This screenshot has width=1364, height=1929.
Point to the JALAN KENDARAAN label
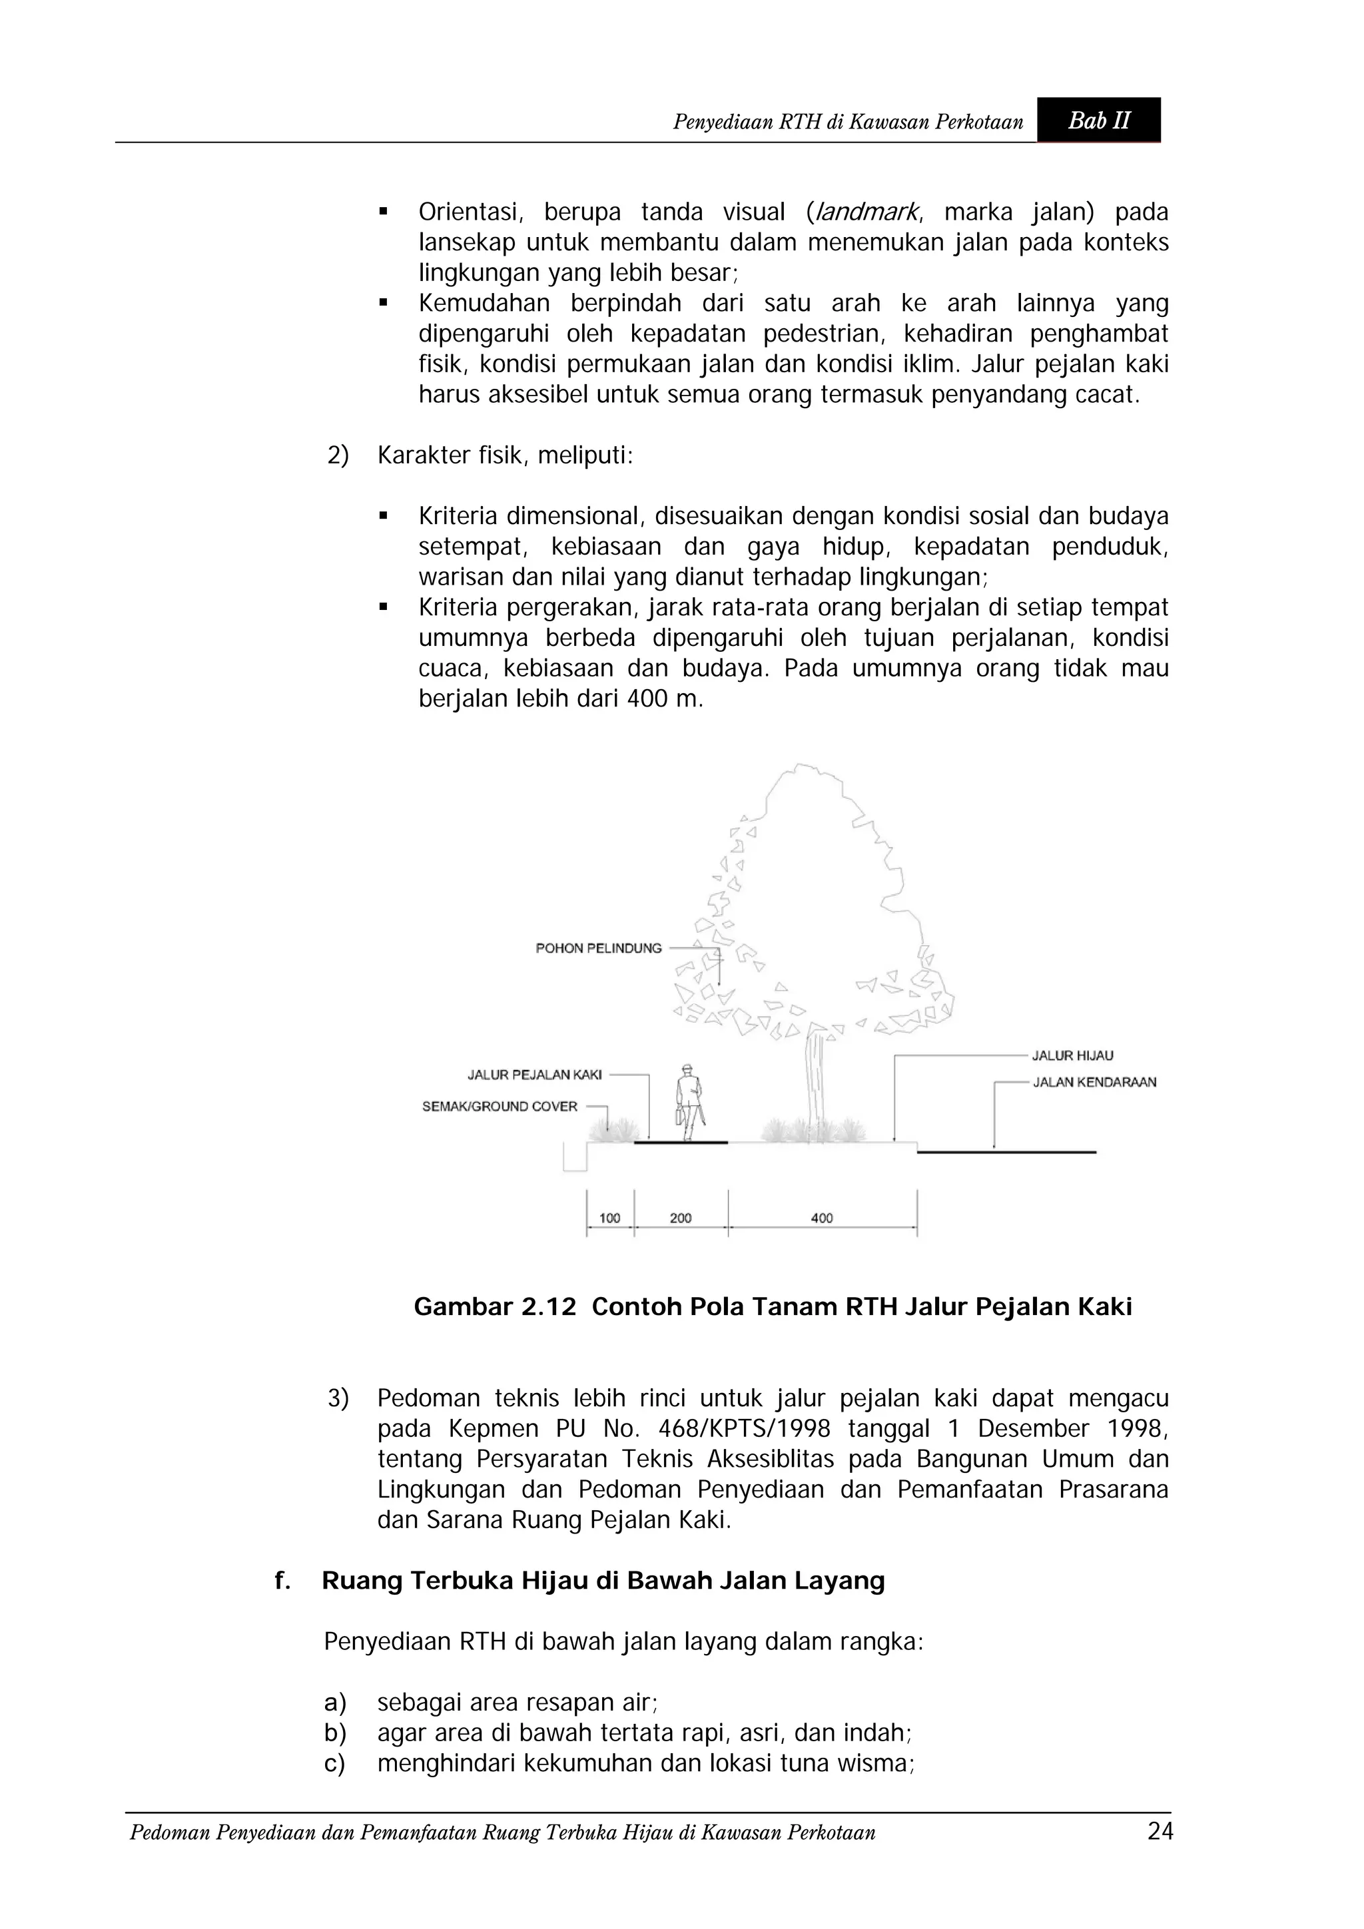point(1094,1082)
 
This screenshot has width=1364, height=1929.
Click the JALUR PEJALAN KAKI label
point(535,1075)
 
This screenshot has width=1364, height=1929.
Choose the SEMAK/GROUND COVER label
point(500,1107)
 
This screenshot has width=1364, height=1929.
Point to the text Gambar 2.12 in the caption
point(495,1306)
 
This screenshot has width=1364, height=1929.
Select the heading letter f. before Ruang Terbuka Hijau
point(282,1581)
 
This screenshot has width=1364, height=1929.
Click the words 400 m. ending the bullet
point(663,699)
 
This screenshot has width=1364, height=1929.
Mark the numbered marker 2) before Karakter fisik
point(337,456)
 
